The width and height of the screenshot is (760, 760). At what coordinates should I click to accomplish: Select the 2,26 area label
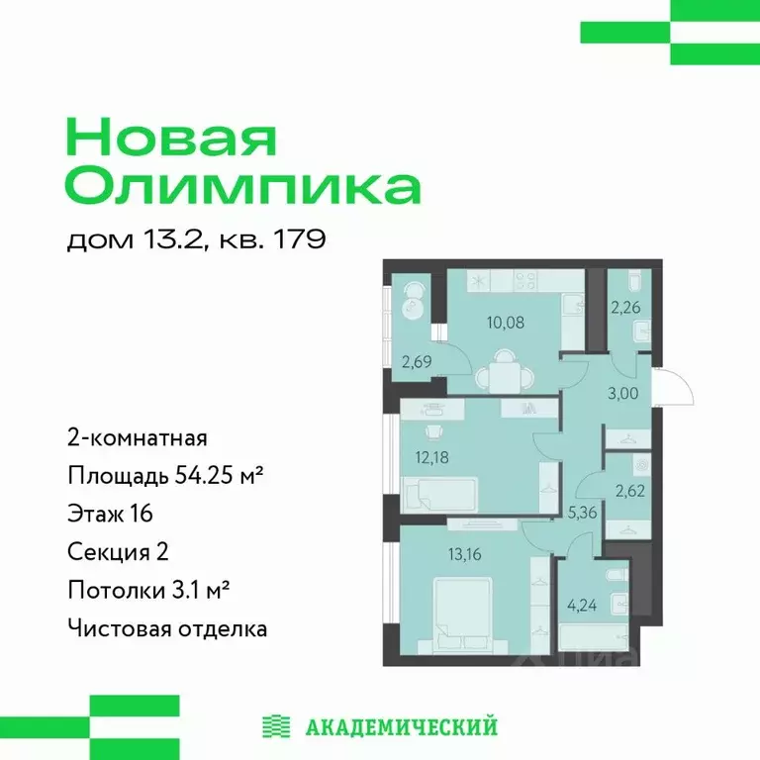tap(625, 308)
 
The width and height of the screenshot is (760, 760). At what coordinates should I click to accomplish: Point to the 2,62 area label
tap(628, 487)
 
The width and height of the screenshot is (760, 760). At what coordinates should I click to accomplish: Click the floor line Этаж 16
tap(110, 514)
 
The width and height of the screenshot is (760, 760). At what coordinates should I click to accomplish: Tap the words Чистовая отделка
tap(167, 628)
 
